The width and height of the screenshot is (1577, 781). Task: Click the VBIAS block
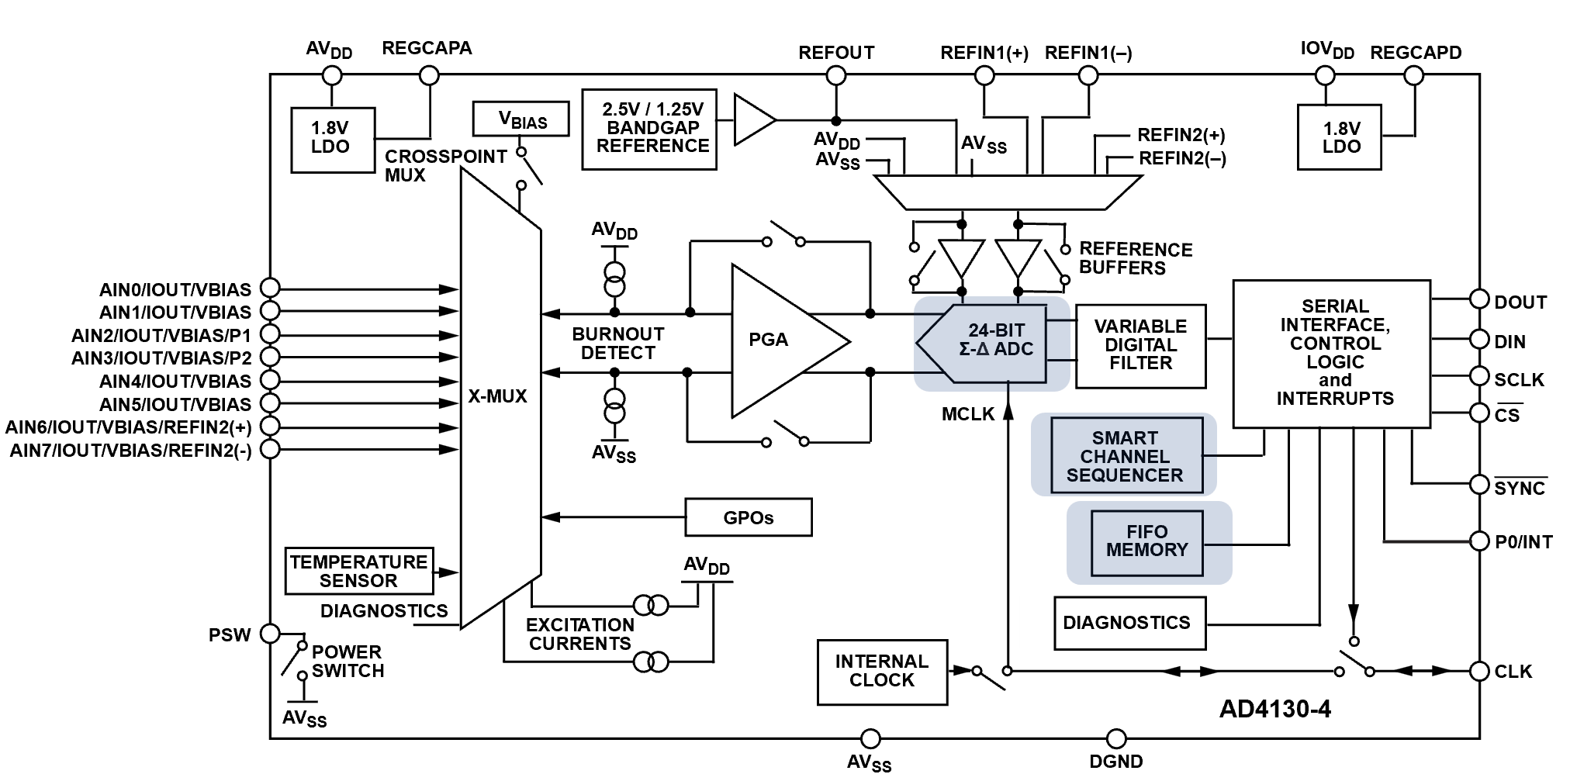[x=520, y=119]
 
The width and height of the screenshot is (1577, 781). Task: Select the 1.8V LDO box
[x=1340, y=138]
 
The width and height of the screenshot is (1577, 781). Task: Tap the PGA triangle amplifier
[x=780, y=341]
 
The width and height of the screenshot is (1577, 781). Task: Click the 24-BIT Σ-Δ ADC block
[x=991, y=342]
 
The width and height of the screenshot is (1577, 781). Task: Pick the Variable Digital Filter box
[x=1141, y=345]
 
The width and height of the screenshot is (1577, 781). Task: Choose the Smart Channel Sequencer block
[x=1126, y=456]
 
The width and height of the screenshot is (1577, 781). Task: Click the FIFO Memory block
[x=1146, y=541]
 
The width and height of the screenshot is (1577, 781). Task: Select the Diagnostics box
[x=1126, y=622]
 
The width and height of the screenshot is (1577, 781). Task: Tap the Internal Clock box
[x=881, y=671]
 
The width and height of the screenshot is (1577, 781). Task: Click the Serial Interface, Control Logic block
[x=1354, y=354]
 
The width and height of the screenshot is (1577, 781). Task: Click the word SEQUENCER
[x=1125, y=475]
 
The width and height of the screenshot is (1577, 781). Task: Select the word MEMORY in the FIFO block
[x=1146, y=550]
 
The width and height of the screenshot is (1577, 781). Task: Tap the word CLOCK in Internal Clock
[x=882, y=680]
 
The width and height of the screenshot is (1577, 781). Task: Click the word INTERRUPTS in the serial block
[x=1338, y=399]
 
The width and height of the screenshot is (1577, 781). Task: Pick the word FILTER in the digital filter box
[x=1140, y=363]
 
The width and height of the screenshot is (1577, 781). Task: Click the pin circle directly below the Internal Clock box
[x=870, y=738]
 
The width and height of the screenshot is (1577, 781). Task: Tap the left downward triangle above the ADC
[x=961, y=255]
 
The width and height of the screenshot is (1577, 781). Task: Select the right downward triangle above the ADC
[x=1018, y=255]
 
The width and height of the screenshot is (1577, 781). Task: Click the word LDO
[x=1341, y=147]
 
